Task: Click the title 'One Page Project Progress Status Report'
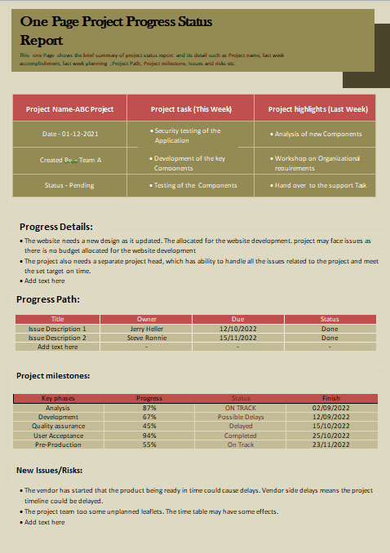(115, 31)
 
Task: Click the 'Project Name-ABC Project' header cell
(69, 108)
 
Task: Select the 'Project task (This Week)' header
(191, 108)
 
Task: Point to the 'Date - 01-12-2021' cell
(69, 134)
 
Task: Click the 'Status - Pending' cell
(69, 185)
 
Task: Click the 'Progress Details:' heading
(55, 227)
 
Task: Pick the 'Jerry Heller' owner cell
(147, 329)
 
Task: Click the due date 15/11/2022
(237, 338)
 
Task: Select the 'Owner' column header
(147, 320)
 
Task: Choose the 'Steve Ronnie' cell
(147, 338)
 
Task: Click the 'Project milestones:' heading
(53, 376)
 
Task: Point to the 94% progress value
(149, 436)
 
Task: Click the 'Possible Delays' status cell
(241, 416)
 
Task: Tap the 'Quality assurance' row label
(58, 426)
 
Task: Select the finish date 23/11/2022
(330, 445)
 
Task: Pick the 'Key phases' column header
(58, 398)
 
